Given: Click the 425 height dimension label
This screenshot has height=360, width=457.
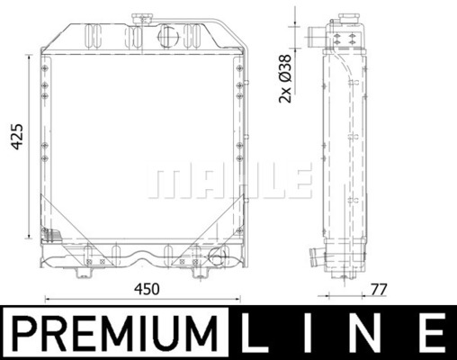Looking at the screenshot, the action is coord(17,136).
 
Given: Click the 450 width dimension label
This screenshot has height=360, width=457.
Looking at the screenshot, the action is coord(147,289).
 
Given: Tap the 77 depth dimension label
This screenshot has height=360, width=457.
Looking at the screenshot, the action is coord(379,290).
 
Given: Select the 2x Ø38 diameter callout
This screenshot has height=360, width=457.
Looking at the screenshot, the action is coord(285,78).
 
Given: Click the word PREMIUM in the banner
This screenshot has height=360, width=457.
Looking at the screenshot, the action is coord(115,333).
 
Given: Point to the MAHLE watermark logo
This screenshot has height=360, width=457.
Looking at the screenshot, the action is coord(229,181).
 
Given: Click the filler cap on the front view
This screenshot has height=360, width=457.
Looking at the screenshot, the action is coord(141,20).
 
